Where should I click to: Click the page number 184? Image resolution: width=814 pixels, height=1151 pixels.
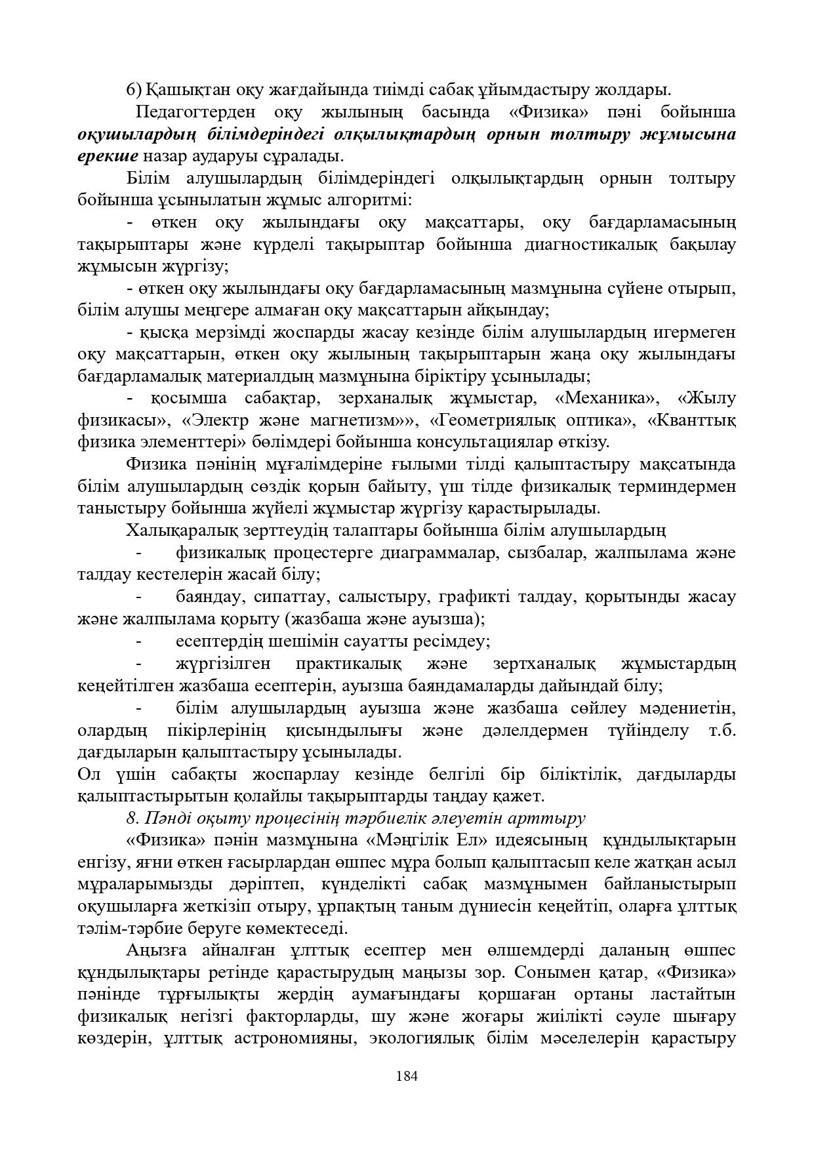pos(407,1076)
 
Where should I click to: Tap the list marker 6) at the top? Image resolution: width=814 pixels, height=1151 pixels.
pos(134,89)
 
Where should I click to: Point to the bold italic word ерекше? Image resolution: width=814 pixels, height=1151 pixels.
pos(108,156)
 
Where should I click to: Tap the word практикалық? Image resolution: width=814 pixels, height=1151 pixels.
pos(348,664)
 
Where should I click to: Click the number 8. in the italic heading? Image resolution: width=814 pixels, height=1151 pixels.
pos(132,818)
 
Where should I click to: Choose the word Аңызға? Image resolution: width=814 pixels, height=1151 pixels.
pos(155,950)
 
